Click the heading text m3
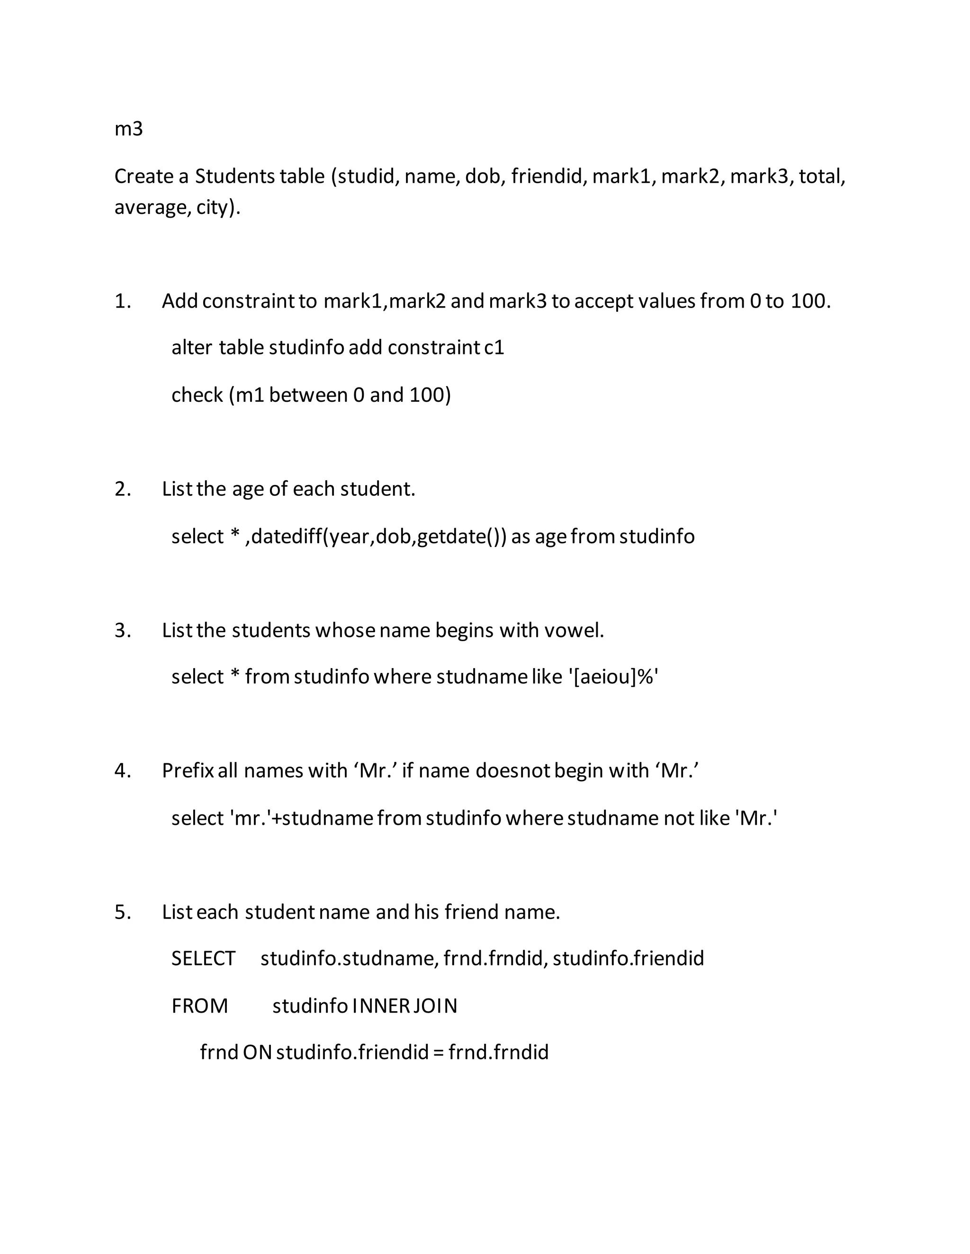pos(128,129)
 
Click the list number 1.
pos(122,301)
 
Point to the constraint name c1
pos(494,348)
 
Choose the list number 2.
pos(122,489)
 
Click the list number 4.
pos(122,770)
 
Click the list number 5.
pos(122,912)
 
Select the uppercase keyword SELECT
pos(203,958)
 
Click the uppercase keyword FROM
pos(199,1006)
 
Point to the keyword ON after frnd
pos(257,1052)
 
